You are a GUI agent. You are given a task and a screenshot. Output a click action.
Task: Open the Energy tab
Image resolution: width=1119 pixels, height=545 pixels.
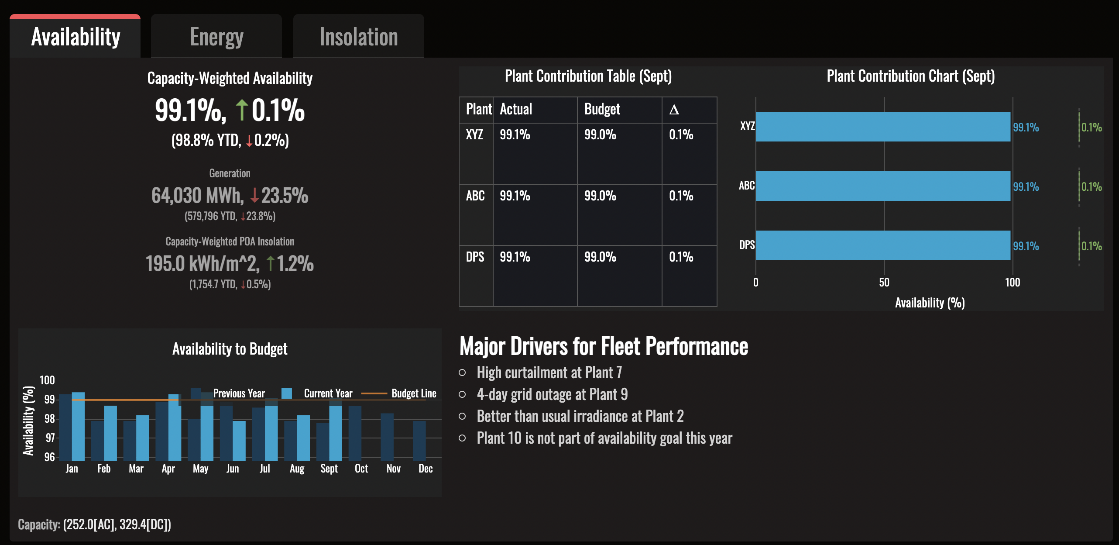pyautogui.click(x=216, y=37)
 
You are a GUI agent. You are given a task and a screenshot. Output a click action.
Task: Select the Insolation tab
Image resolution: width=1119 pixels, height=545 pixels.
pyautogui.click(x=358, y=37)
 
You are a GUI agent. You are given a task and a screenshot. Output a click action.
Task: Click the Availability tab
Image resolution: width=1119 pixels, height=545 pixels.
pyautogui.click(x=75, y=37)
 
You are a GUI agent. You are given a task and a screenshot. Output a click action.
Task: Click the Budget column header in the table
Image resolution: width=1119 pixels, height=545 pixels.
pyautogui.click(x=602, y=109)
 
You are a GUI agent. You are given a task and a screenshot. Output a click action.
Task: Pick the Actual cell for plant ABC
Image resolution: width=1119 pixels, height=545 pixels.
pyautogui.click(x=515, y=196)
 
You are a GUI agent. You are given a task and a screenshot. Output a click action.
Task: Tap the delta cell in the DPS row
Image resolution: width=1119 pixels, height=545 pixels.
pyautogui.click(x=681, y=257)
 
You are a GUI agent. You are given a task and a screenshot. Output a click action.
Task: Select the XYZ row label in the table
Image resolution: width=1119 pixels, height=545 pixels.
pyautogui.click(x=474, y=135)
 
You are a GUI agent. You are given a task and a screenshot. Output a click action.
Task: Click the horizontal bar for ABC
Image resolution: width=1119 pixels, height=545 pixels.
pyautogui.click(x=883, y=186)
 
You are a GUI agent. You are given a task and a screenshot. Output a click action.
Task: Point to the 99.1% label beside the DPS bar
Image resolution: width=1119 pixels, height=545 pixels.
pyautogui.click(x=1026, y=246)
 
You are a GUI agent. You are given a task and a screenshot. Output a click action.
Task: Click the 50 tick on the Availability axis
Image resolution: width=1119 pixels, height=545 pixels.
pyautogui.click(x=884, y=283)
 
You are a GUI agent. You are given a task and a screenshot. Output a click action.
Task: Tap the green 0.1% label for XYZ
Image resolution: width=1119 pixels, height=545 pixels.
pyautogui.click(x=1092, y=128)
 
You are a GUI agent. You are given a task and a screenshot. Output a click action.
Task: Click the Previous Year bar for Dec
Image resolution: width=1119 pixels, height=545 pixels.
pyautogui.click(x=419, y=441)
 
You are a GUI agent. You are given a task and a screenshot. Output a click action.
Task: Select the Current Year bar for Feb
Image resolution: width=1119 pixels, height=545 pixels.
pyautogui.click(x=110, y=433)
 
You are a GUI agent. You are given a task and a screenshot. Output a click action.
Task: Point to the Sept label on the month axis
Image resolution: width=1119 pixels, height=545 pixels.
pyautogui.click(x=329, y=469)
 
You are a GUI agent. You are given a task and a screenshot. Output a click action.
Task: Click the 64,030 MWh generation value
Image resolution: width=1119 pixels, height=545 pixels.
pyautogui.click(x=197, y=196)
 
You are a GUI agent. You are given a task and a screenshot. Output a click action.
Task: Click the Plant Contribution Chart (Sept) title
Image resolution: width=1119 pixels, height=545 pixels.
pyautogui.click(x=911, y=76)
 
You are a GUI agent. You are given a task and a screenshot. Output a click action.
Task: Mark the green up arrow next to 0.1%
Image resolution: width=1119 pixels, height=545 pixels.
pyautogui.click(x=242, y=110)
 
